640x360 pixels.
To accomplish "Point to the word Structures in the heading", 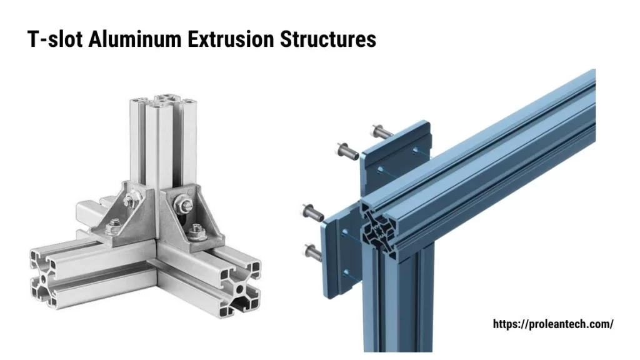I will (x=328, y=39).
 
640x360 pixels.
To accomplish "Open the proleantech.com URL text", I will (x=553, y=324).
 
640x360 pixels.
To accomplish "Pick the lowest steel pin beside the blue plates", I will (x=312, y=252).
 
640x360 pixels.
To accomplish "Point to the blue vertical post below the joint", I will (x=400, y=306).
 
